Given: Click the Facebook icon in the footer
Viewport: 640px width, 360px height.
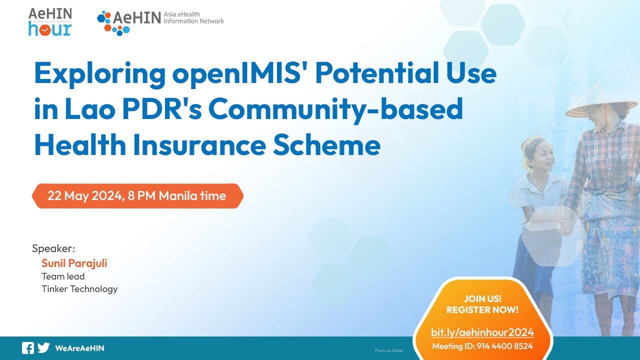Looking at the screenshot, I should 27,348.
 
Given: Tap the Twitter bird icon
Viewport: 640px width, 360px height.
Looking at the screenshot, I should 43,348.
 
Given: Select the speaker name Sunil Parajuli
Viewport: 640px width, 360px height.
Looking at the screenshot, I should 74,263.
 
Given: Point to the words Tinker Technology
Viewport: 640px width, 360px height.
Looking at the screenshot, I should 79,289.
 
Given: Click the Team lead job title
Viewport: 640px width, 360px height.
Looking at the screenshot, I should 63,276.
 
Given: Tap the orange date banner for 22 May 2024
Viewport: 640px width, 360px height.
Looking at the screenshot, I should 137,195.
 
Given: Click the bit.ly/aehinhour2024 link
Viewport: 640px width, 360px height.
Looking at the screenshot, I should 482,332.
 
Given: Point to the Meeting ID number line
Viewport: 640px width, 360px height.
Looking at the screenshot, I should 482,346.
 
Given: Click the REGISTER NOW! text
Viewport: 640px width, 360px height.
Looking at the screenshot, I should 482,310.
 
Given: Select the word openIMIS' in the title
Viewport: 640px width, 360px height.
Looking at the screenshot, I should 239,73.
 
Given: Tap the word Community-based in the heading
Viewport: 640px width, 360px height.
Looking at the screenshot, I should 344,109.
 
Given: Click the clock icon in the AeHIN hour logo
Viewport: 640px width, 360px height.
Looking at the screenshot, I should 45,30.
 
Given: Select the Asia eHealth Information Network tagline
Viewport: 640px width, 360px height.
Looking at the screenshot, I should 194,18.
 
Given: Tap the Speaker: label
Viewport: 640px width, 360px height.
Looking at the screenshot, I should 53,248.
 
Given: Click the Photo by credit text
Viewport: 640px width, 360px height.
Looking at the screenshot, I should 389,350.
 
